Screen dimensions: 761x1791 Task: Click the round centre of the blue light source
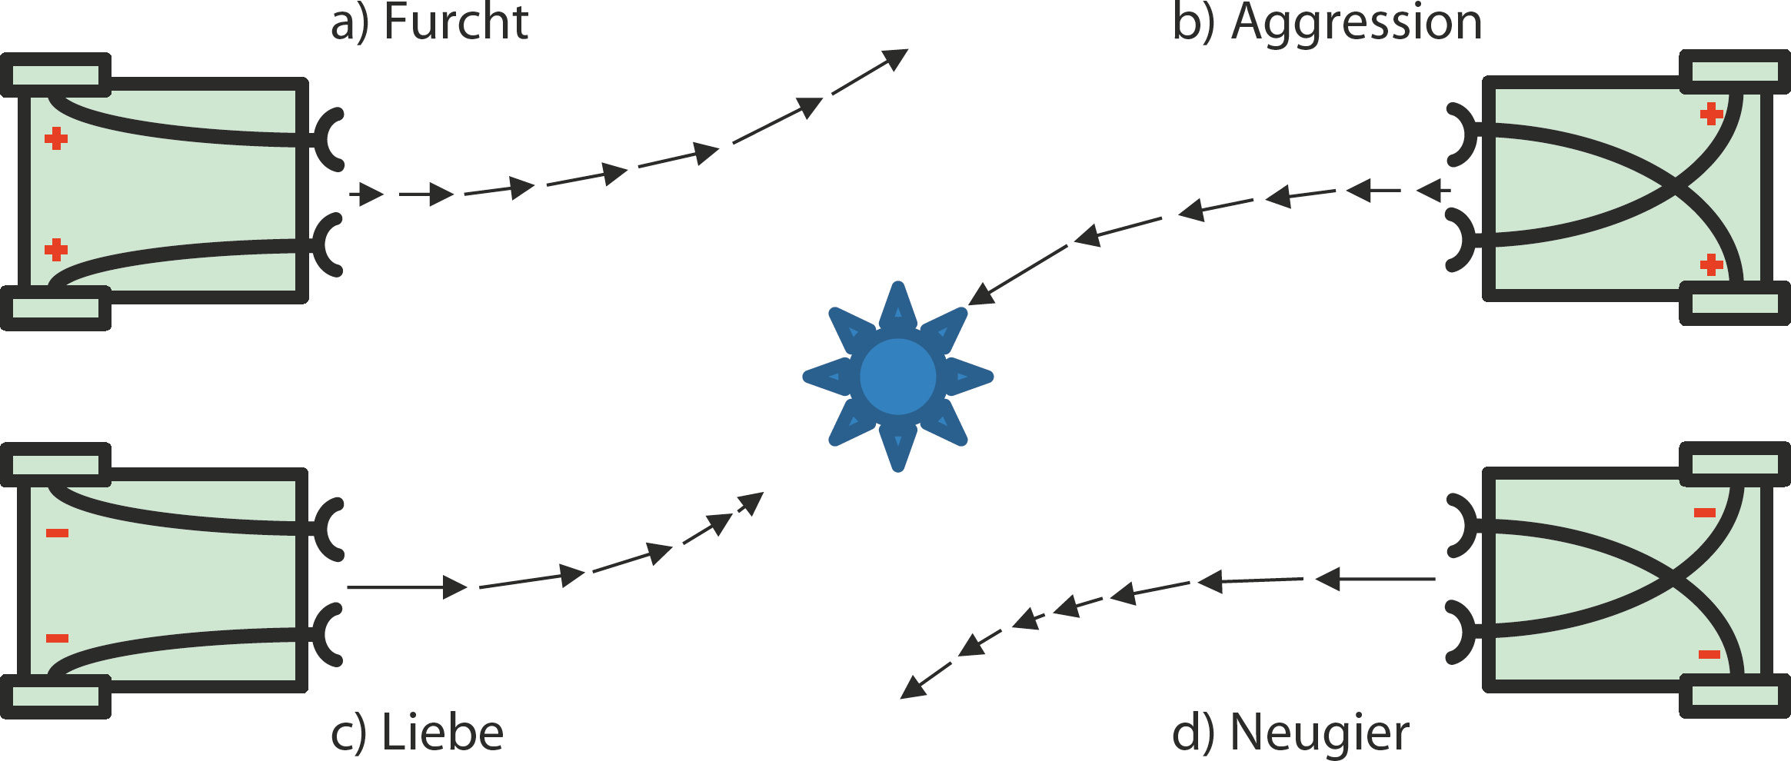coord(897,377)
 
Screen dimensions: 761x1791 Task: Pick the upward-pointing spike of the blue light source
coord(897,307)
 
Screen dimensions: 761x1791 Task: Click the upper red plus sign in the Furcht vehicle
coord(55,139)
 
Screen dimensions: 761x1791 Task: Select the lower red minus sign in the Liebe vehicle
coord(57,638)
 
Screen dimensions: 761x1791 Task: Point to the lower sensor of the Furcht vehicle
coord(329,244)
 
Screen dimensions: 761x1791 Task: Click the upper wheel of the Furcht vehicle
coord(55,75)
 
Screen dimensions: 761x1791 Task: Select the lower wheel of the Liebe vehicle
coord(55,696)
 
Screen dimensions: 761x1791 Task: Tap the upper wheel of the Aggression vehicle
coord(1734,71)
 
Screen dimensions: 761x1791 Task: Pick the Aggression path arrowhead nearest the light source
coord(980,295)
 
